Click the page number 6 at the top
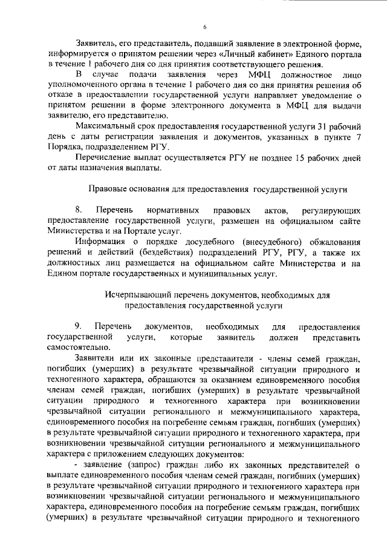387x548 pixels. (205, 27)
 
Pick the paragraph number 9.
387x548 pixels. (79, 326)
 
